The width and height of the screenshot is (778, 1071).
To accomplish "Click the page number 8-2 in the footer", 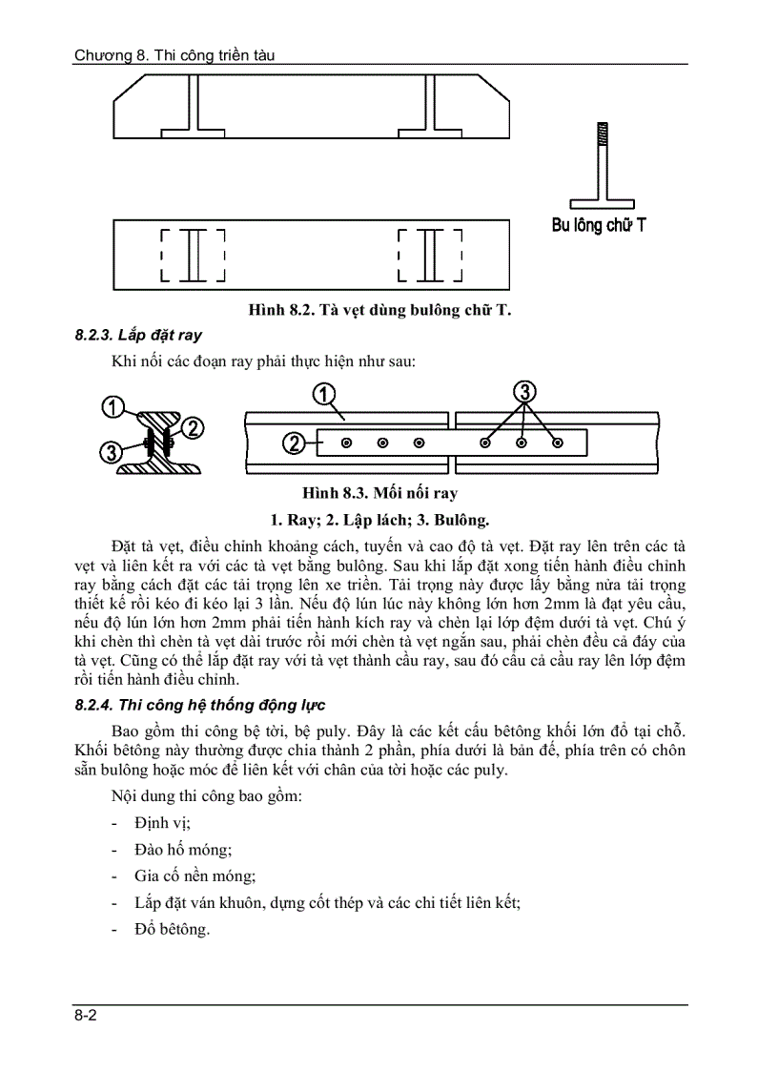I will [x=86, y=1017].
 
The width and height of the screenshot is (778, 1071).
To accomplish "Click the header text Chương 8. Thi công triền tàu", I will [x=174, y=55].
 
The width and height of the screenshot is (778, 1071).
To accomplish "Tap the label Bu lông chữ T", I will [x=599, y=226].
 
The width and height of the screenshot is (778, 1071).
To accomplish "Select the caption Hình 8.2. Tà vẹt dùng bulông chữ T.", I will [x=379, y=311].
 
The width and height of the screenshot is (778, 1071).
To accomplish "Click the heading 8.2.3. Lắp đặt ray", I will [x=138, y=336].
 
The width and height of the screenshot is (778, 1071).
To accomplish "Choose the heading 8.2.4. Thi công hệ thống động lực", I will [x=200, y=705].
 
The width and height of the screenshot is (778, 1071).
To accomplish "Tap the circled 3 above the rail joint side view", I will [x=524, y=391].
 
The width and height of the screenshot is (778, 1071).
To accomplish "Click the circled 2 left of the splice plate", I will [x=295, y=443].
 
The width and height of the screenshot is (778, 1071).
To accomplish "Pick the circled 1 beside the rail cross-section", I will [x=114, y=407].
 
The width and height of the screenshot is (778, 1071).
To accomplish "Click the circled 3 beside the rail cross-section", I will [x=112, y=452].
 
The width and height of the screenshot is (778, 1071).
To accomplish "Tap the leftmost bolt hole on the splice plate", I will [x=346, y=443].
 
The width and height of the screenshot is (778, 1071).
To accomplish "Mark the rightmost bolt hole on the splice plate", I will [x=558, y=443].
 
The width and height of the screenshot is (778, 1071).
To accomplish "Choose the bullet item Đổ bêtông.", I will [x=172, y=929].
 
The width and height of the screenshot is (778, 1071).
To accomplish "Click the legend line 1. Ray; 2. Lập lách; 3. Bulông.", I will [x=379, y=520].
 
